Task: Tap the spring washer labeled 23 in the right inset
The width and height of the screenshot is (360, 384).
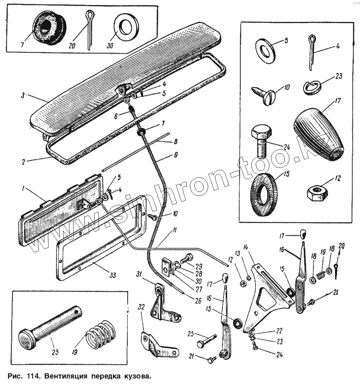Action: click(312, 87)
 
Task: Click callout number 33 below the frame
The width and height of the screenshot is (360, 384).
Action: click(113, 275)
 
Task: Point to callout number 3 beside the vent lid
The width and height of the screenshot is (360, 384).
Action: click(23, 95)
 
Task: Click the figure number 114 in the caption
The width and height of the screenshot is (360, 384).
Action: click(32, 376)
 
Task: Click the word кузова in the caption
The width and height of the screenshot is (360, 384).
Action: click(134, 376)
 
